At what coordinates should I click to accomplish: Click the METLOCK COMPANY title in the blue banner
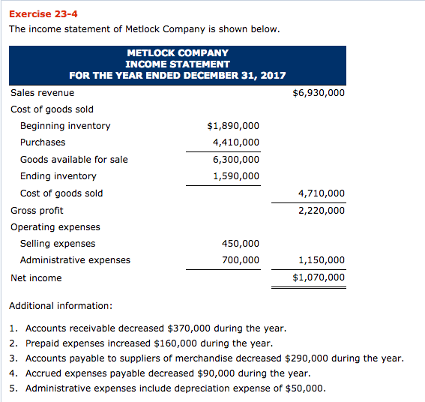click(x=178, y=53)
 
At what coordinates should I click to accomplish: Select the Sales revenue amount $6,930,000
click(x=318, y=92)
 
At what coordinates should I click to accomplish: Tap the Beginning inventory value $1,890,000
click(x=233, y=126)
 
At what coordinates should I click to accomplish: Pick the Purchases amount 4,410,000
click(x=236, y=142)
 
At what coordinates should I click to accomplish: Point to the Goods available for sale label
click(x=73, y=159)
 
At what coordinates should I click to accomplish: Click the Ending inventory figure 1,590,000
click(x=236, y=176)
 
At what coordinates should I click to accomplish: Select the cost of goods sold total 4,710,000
click(x=322, y=193)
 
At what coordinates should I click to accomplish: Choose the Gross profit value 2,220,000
click(x=322, y=211)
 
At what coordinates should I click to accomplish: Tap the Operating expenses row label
click(x=55, y=227)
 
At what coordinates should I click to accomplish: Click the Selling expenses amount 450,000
click(x=241, y=244)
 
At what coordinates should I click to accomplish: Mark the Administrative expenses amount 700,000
click(x=241, y=260)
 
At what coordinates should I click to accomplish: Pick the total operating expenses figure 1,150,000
click(x=322, y=260)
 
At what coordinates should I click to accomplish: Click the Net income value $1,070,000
click(x=319, y=277)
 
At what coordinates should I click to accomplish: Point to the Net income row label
click(x=36, y=278)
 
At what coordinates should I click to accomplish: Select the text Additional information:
click(x=61, y=306)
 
